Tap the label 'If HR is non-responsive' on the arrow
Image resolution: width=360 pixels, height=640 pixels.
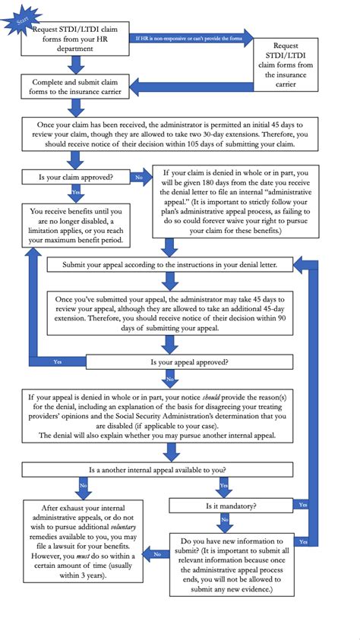[190, 36]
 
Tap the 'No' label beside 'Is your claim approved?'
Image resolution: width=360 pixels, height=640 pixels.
[139, 177]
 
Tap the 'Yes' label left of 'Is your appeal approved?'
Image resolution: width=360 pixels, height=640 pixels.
[58, 363]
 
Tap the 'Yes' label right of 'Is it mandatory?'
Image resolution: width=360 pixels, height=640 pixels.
[302, 505]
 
